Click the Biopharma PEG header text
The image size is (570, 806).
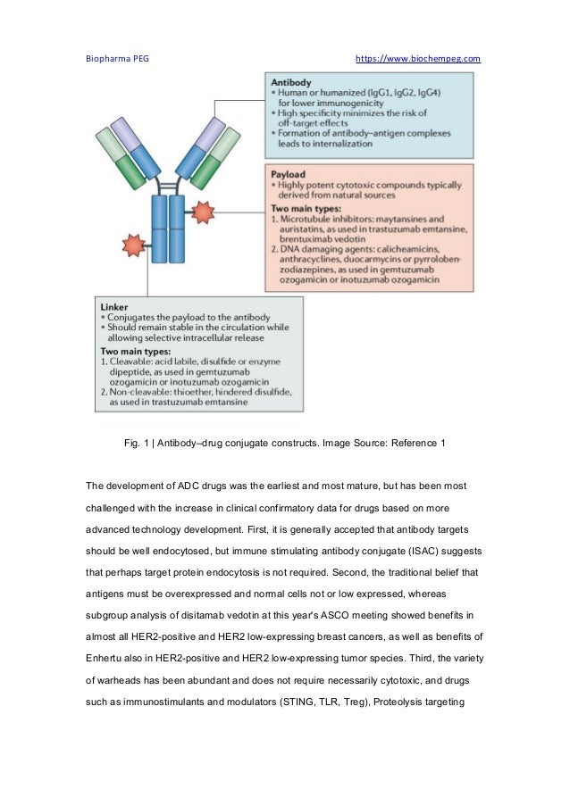117,59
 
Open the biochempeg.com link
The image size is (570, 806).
417,59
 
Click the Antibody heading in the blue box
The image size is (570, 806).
290,81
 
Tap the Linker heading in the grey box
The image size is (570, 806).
115,306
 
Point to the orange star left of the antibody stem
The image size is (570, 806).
134,244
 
